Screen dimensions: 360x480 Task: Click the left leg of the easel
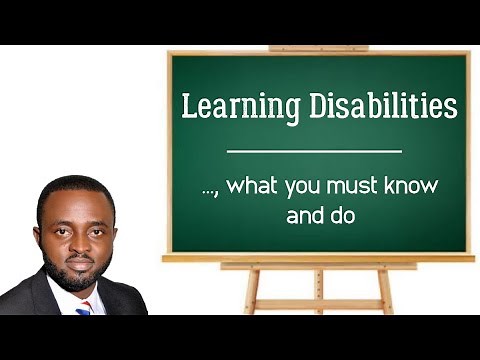click(251, 291)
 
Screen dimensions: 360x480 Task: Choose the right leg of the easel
click(385, 291)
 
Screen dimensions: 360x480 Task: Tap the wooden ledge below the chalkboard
click(318, 258)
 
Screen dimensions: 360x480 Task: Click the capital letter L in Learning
click(187, 106)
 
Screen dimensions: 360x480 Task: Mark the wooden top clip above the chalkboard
click(318, 47)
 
